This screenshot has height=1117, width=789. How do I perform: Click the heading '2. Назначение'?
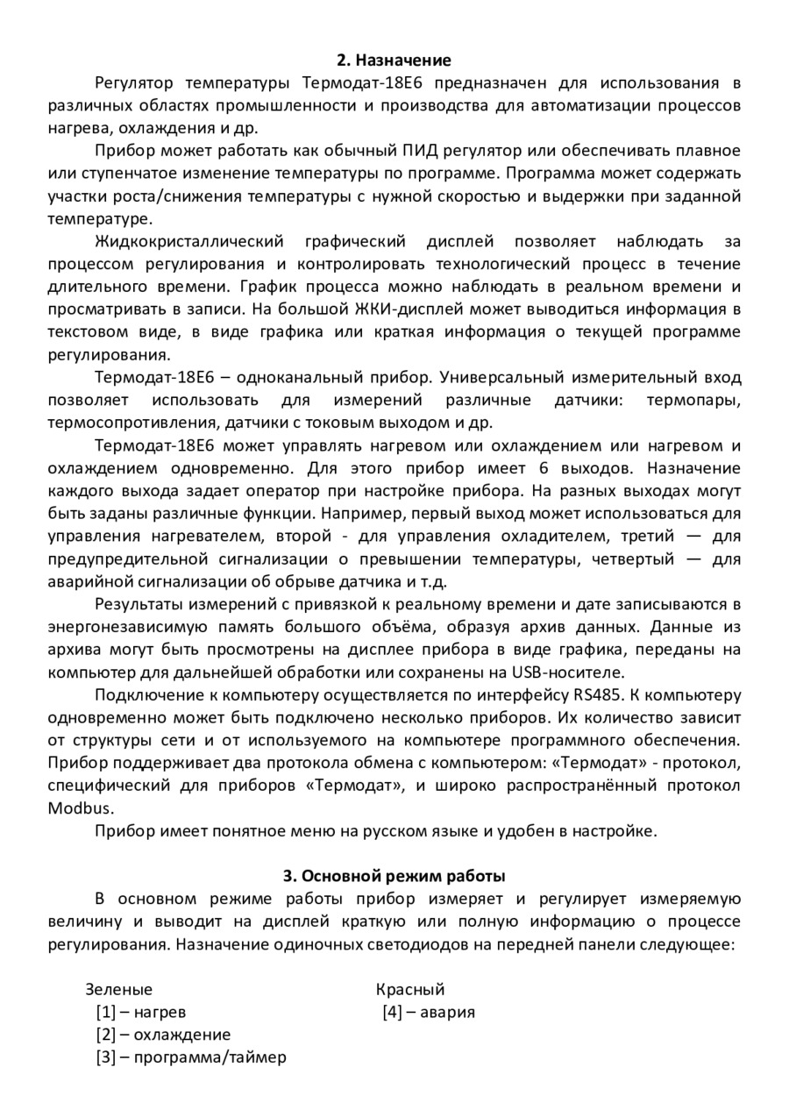tap(394, 60)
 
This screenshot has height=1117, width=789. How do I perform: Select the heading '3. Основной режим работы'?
tap(394, 876)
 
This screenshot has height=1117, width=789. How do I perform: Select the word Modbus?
tap(81, 808)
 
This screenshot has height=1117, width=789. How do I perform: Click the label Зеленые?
tap(118, 990)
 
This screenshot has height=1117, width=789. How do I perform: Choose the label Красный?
tap(410, 990)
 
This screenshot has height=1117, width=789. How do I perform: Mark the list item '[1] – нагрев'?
tap(140, 1013)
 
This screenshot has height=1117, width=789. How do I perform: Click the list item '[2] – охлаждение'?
tap(163, 1035)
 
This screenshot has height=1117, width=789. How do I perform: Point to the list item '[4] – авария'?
tap(429, 1013)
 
